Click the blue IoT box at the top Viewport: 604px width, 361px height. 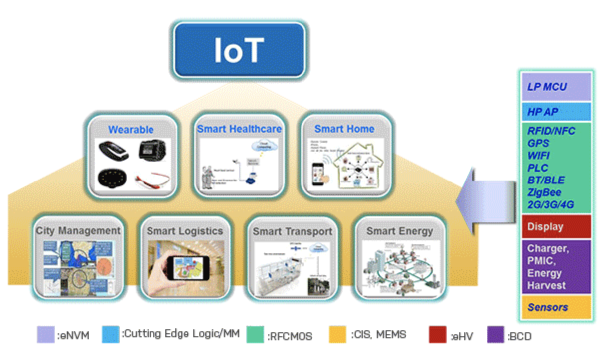tap(239, 50)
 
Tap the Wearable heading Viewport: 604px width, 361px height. tap(131, 130)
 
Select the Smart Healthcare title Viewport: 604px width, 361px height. tap(239, 129)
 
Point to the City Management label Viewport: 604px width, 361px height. tap(78, 231)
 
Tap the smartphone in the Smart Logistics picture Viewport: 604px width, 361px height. tap(190, 269)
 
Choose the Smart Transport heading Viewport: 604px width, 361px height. tap(292, 232)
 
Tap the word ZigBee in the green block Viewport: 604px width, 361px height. tap(544, 192)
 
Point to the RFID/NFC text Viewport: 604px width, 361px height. tap(551, 131)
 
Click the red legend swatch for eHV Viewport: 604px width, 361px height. tap(437, 335)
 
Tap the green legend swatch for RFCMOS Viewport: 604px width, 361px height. tap(255, 335)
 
